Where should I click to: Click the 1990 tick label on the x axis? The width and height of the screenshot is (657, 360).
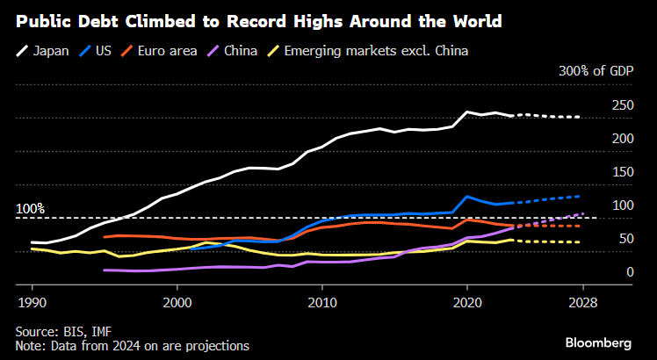32,301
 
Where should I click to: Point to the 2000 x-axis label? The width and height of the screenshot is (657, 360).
177,301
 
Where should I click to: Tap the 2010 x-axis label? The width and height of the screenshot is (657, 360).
321,301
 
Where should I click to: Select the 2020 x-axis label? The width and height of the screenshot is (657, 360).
466,301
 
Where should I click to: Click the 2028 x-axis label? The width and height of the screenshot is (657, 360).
582,301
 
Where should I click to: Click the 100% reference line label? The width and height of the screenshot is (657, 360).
31,209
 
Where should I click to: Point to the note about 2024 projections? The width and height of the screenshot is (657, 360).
132,346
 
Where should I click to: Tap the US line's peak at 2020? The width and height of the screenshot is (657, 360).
467,197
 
